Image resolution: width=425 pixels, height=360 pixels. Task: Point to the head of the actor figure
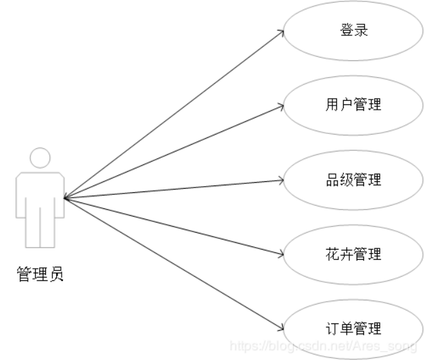41,158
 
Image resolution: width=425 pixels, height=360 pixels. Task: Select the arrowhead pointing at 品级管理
279,180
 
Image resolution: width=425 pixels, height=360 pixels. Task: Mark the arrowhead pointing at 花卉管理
279,254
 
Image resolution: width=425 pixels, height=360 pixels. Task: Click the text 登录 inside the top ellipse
353,30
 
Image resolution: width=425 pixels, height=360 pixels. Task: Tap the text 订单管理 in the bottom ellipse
353,329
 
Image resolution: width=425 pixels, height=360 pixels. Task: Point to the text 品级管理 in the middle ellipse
353,180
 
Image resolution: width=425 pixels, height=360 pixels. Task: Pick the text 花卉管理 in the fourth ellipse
353,254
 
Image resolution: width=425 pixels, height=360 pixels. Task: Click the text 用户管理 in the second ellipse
353,105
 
